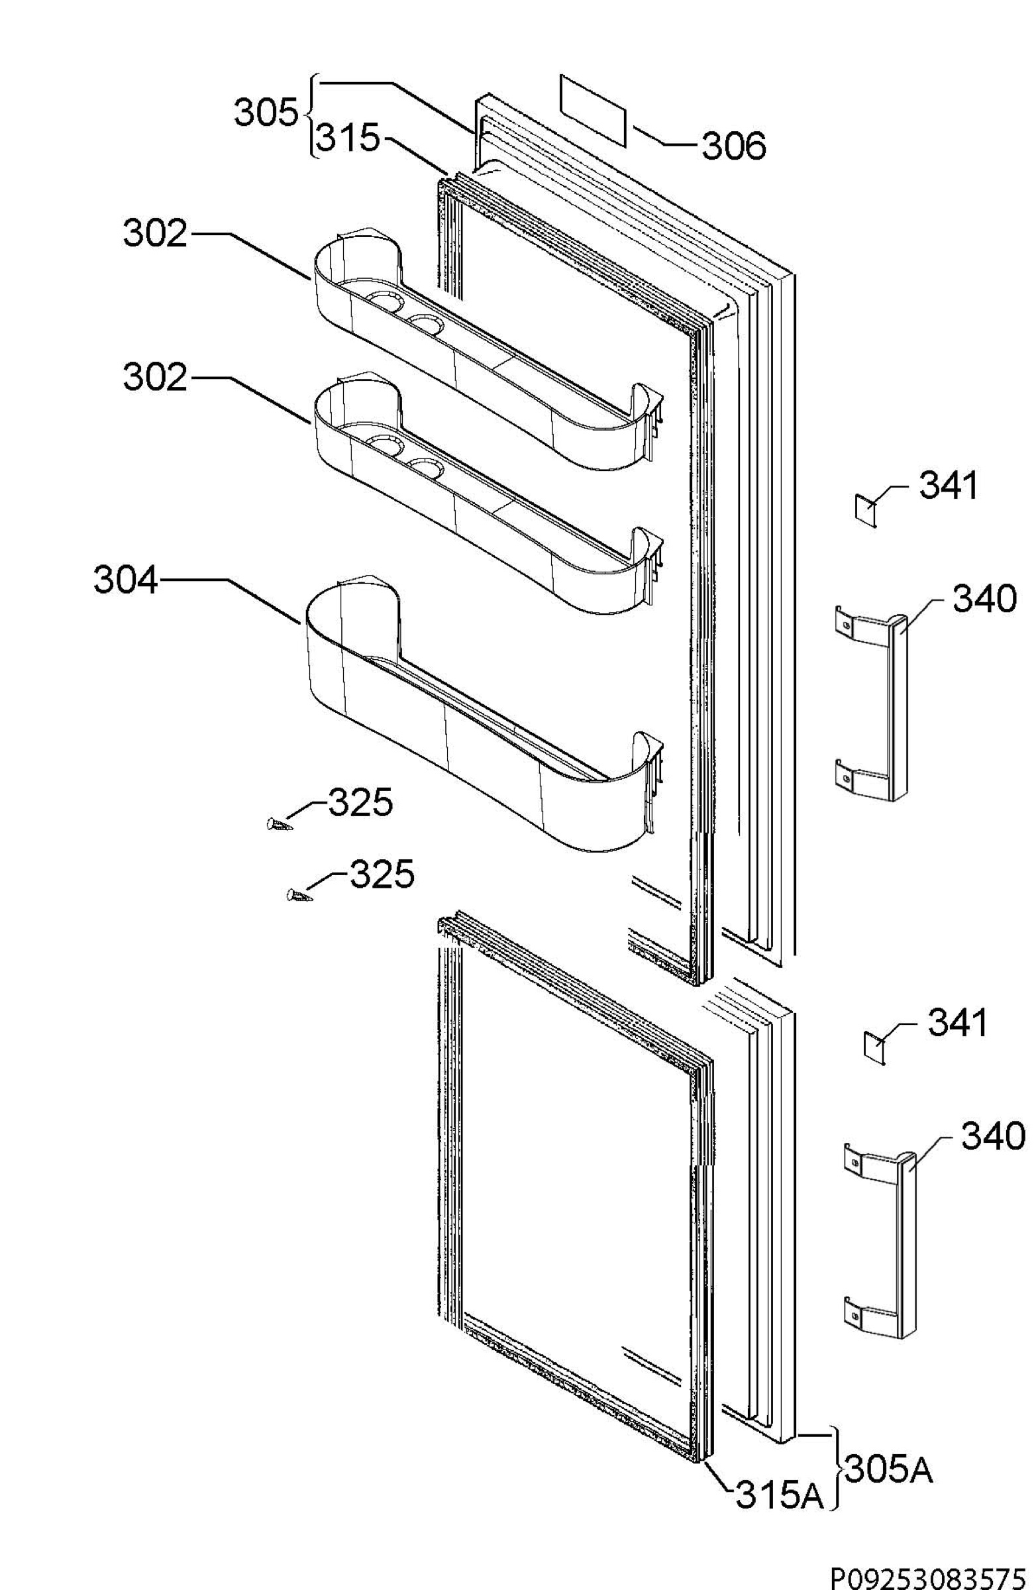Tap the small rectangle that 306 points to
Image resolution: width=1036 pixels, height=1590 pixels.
point(592,109)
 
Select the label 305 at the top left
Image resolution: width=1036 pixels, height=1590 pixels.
point(265,113)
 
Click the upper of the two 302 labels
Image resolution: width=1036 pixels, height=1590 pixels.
point(154,235)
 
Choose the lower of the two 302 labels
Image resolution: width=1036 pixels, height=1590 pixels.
point(154,378)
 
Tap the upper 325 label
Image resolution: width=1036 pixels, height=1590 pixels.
point(360,802)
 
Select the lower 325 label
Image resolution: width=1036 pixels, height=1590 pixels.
point(382,874)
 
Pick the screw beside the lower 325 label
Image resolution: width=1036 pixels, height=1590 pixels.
point(299,896)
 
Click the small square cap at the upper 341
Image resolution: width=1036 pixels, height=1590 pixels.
point(866,512)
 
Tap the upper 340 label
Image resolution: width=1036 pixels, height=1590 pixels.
point(984,599)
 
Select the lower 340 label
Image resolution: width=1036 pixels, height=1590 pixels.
point(992,1136)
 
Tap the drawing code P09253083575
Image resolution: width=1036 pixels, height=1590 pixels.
point(928,1575)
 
